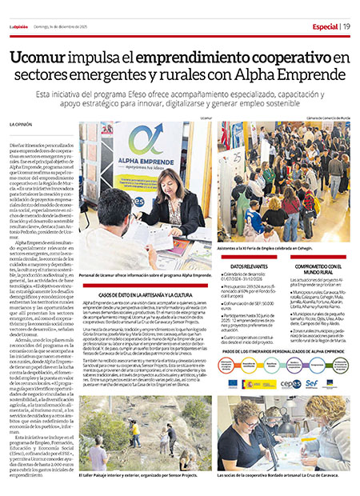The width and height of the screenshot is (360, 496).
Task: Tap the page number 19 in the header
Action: coord(346,26)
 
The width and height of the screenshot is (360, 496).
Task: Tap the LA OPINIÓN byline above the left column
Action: coord(21,125)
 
